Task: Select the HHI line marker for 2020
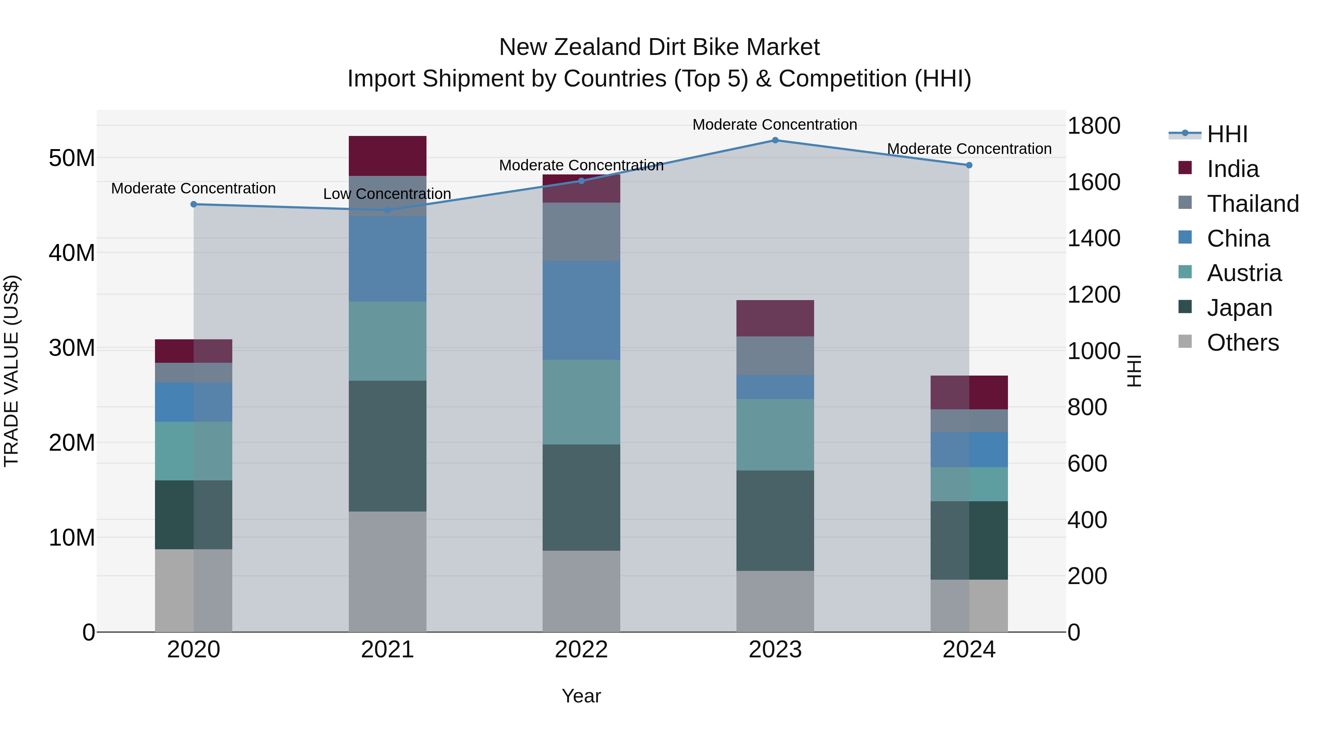pyautogui.click(x=193, y=204)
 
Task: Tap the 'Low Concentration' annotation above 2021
pyautogui.click(x=387, y=194)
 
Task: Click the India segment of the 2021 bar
pyautogui.click(x=387, y=156)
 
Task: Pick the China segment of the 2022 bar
pyautogui.click(x=581, y=310)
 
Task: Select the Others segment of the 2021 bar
pyautogui.click(x=387, y=572)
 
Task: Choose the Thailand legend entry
pyautogui.click(x=1252, y=204)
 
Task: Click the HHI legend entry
pyautogui.click(x=1227, y=134)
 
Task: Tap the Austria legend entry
pyautogui.click(x=1244, y=273)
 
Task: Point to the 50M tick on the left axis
pyautogui.click(x=72, y=158)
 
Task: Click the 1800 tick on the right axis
pyautogui.click(x=1094, y=126)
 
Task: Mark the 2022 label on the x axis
pyautogui.click(x=581, y=650)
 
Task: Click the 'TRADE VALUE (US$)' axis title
pyautogui.click(x=11, y=371)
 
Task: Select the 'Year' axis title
pyautogui.click(x=581, y=696)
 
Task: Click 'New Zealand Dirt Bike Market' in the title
pyautogui.click(x=659, y=47)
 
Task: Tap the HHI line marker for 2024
pyautogui.click(x=969, y=165)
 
